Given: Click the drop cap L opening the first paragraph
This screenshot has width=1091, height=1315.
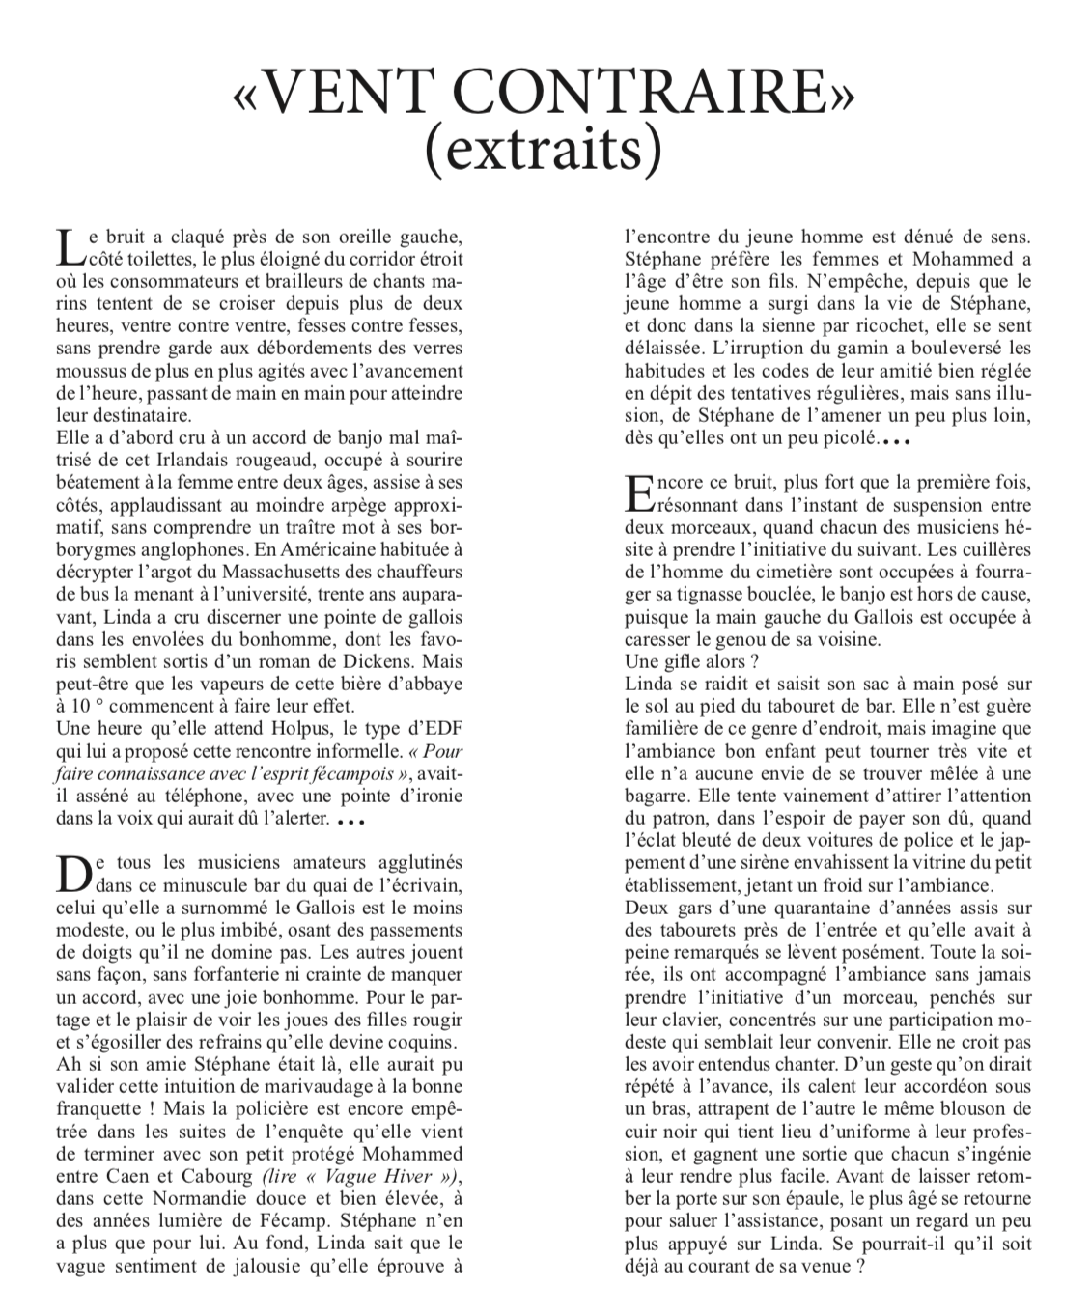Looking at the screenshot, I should pos(69,248).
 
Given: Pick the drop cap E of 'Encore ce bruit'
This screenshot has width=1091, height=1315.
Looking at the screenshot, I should pos(638,493).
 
